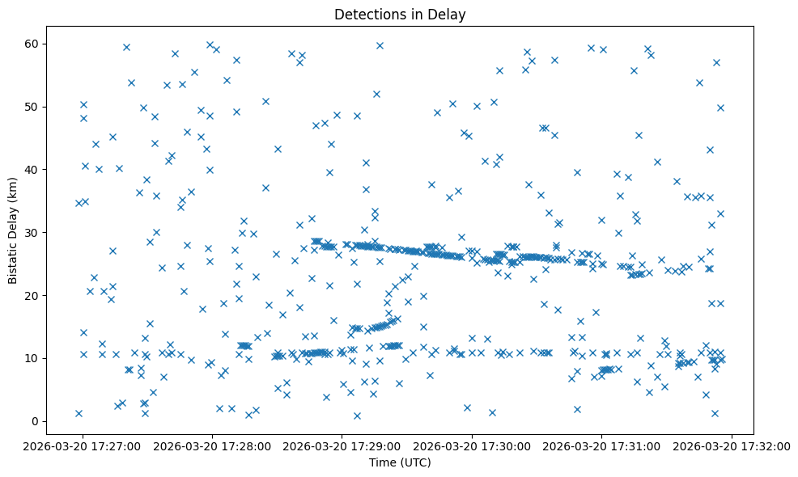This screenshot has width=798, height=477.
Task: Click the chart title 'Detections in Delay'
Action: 400,14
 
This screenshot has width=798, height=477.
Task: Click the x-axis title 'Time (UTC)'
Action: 400,462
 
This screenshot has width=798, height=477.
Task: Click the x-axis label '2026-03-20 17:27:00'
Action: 83,445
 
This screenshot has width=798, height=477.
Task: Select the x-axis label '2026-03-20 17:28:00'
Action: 213,445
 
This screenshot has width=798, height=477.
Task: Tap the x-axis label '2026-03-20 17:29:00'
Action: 342,445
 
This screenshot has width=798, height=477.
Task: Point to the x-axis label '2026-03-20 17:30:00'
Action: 472,445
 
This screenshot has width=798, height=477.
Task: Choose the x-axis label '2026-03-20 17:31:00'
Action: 601,445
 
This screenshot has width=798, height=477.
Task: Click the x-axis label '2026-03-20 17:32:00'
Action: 732,445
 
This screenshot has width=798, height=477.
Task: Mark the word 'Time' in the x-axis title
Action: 383,462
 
